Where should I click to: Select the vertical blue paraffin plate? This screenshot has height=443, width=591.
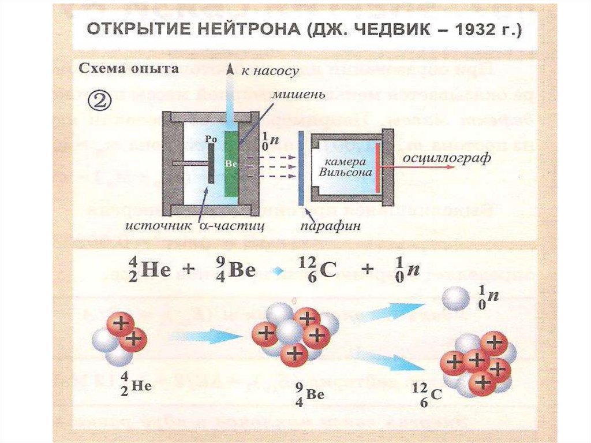(x=301, y=167)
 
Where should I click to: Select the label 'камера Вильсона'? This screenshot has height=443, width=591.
(x=343, y=167)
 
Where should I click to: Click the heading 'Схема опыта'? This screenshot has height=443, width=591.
(x=128, y=69)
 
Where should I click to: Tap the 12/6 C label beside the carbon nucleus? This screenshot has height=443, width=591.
(x=431, y=394)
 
